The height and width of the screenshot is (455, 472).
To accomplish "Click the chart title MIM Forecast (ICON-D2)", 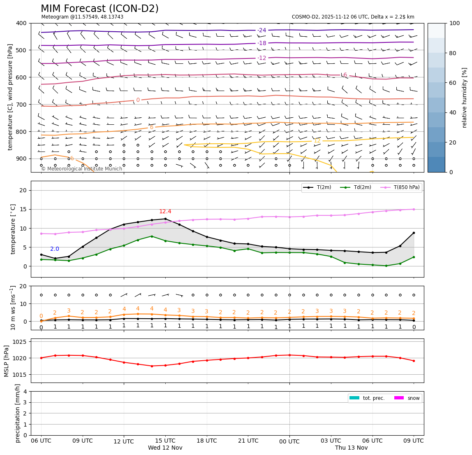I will click(99, 9).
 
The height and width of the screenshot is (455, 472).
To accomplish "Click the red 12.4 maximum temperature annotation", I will click(165, 212).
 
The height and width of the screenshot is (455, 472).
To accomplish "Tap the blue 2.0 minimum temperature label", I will click(55, 249).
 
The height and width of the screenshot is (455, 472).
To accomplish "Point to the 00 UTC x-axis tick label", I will click(289, 441).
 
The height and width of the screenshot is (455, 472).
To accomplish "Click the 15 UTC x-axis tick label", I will click(165, 441).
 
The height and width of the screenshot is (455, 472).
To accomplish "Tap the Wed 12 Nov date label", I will click(165, 448).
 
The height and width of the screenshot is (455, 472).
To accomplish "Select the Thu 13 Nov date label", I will click(352, 448).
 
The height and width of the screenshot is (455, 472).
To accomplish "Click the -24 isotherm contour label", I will click(262, 30).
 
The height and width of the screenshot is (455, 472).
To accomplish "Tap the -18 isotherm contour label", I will click(262, 43).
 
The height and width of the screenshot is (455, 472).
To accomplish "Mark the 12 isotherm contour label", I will click(317, 141).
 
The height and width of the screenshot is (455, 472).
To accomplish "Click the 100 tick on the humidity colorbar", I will click(454, 23).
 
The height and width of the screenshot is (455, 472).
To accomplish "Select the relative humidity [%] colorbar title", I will click(465, 98).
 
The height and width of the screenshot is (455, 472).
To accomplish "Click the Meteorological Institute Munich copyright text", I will click(81, 169).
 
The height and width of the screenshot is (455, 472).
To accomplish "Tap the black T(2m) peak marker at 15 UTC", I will click(165, 219).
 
